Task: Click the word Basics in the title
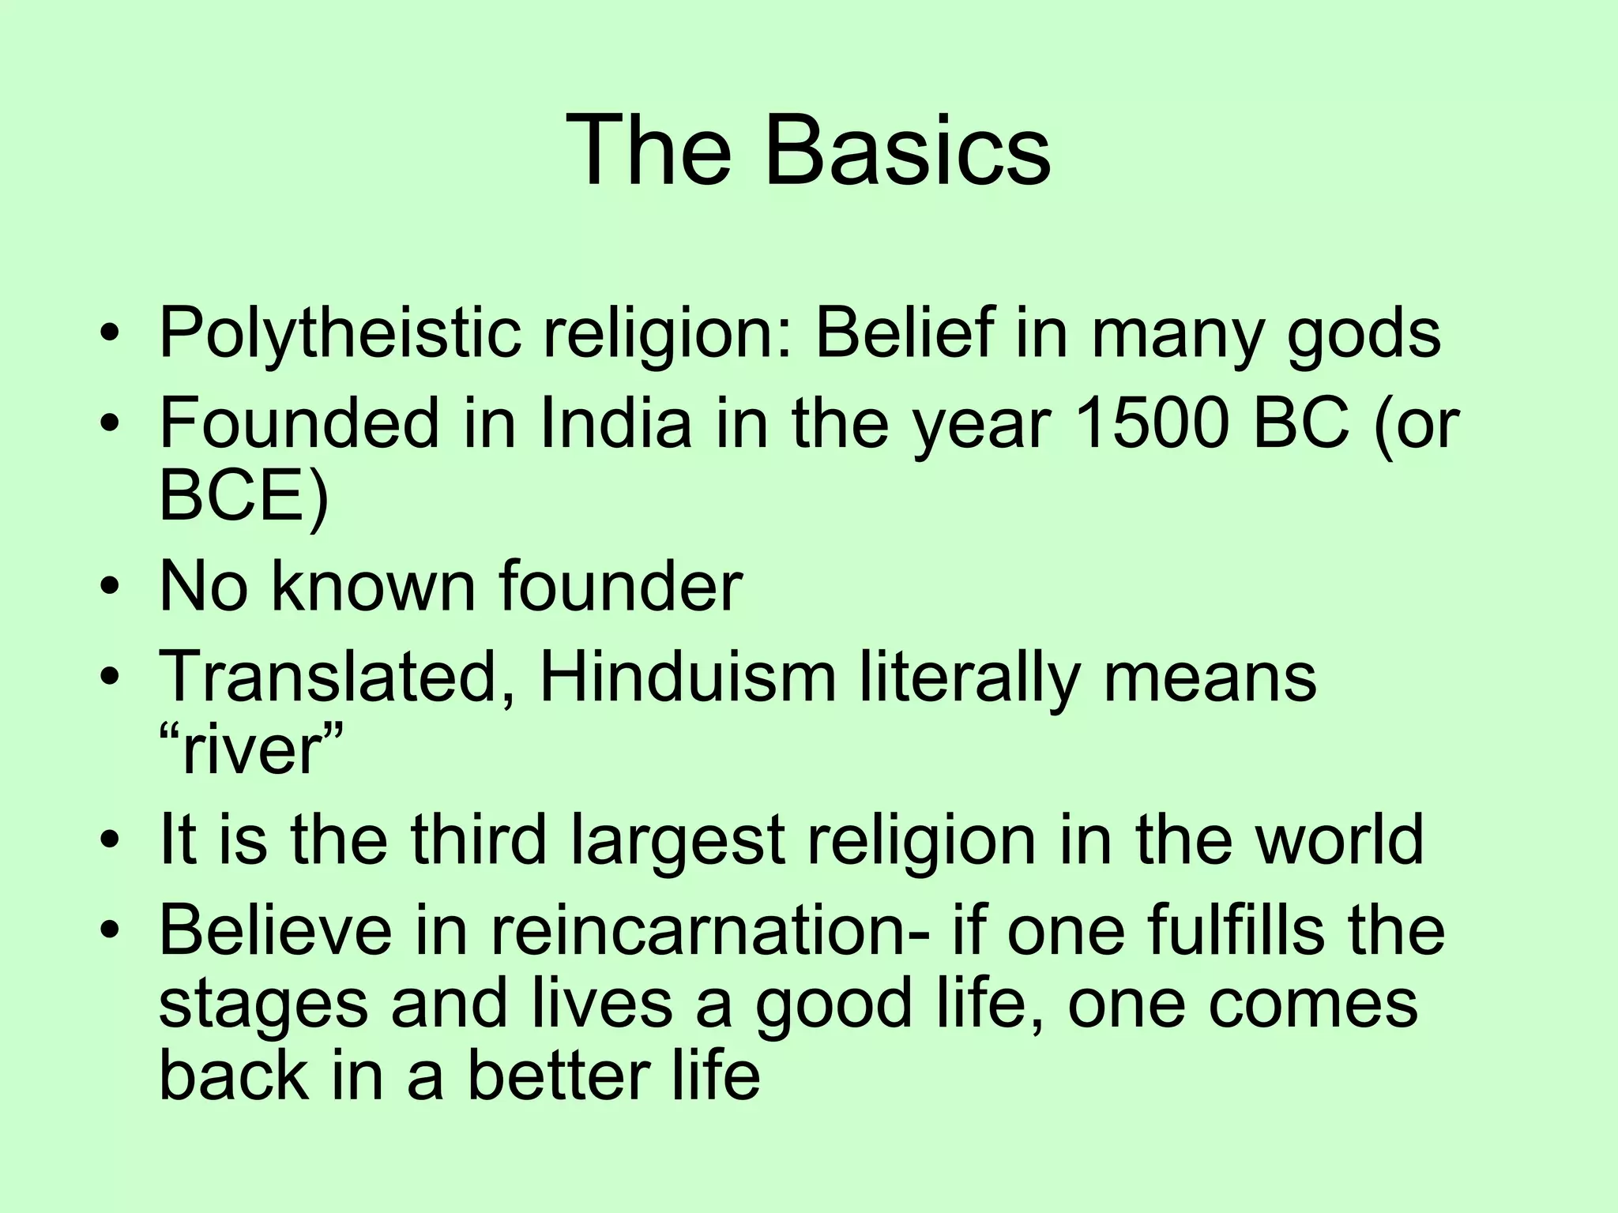(907, 150)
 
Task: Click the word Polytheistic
(340, 335)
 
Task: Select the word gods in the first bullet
(1364, 335)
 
